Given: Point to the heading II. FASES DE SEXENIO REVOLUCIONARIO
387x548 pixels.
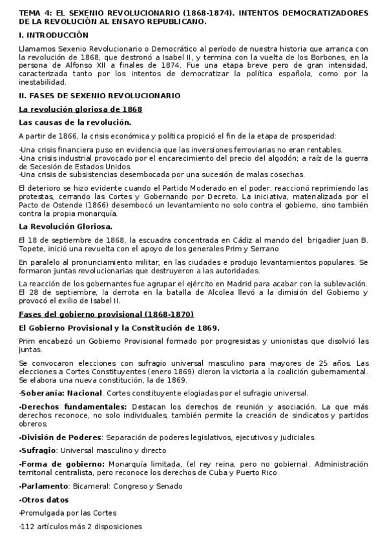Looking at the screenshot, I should click(x=99, y=96).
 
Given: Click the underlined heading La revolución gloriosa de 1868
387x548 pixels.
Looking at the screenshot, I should click(x=80, y=109).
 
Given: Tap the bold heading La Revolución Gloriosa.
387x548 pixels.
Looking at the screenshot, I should click(x=66, y=227).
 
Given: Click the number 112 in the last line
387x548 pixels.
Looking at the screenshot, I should click(x=28, y=527).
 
